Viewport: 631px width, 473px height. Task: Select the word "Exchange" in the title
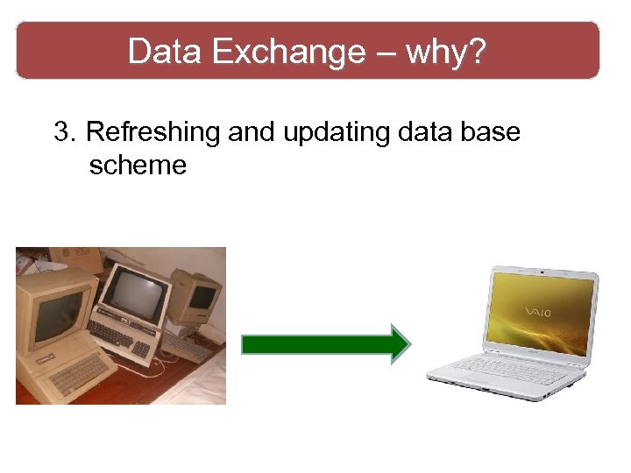(x=288, y=52)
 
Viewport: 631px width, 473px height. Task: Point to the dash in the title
(x=386, y=53)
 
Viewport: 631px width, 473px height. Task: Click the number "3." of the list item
(x=67, y=132)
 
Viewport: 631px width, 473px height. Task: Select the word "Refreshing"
(x=154, y=132)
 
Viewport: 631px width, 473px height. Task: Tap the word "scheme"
(x=138, y=165)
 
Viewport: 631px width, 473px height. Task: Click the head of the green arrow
(x=400, y=343)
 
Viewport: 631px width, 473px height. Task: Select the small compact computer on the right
(x=195, y=298)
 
